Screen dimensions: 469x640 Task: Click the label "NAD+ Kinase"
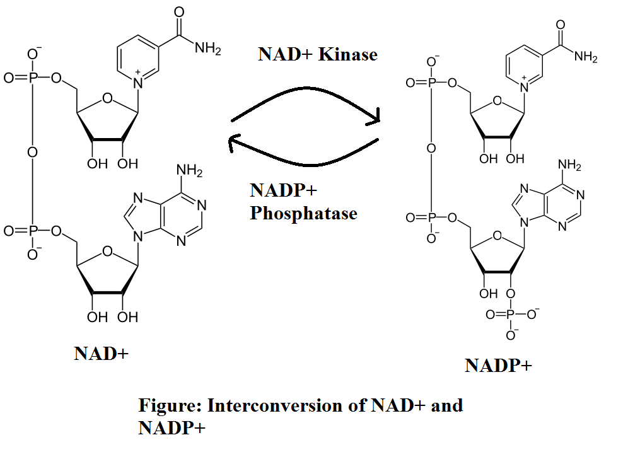pyautogui.click(x=317, y=54)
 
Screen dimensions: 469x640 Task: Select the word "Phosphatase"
pyautogui.click(x=303, y=214)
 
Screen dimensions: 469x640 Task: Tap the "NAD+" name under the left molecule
pyautogui.click(x=101, y=353)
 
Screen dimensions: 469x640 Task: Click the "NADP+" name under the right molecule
pyautogui.click(x=498, y=365)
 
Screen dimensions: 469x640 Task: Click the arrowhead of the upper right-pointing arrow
pyautogui.click(x=376, y=115)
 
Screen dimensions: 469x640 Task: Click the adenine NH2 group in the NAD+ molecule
pyautogui.click(x=189, y=171)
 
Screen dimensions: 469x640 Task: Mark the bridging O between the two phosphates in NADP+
pyautogui.click(x=431, y=148)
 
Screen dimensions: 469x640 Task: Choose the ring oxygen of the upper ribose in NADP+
pyautogui.click(x=497, y=101)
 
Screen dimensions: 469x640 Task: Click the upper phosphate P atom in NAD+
pyautogui.click(x=32, y=78)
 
